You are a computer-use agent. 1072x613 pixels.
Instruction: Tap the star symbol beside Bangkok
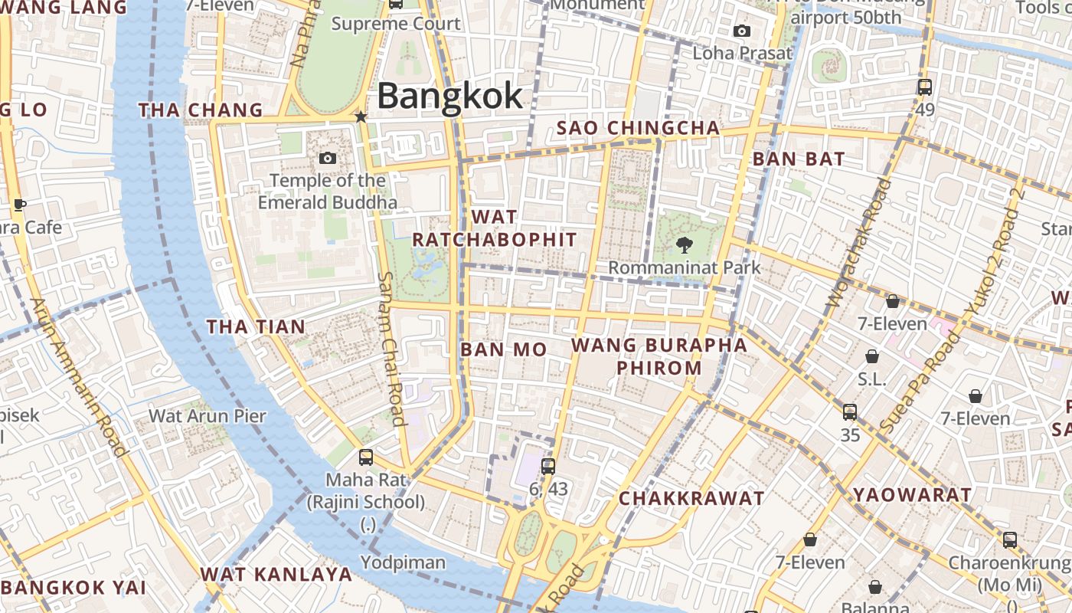point(361,116)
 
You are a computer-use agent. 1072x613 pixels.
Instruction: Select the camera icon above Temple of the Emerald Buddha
point(327,158)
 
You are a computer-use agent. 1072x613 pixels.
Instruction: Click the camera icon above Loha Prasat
point(741,31)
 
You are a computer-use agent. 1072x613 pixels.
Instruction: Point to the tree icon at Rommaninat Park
point(684,245)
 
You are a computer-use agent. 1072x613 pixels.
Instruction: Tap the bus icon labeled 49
point(924,87)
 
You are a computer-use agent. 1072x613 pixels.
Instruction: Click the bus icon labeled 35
point(849,412)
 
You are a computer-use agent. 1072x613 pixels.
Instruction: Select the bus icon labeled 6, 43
point(547,466)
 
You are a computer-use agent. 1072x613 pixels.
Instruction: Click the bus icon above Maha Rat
point(366,457)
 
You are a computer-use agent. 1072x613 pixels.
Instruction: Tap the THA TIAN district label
point(256,327)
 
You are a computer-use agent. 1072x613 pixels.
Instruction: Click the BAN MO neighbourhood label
point(503,350)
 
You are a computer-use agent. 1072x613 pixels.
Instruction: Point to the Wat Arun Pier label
point(207,416)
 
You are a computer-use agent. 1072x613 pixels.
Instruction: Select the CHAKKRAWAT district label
point(691,499)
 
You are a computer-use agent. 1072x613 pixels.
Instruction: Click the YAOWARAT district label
point(912,495)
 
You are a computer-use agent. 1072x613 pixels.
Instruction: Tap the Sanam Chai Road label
point(391,349)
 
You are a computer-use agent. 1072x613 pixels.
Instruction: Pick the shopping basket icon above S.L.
point(871,356)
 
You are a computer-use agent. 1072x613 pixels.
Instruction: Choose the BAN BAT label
point(798,159)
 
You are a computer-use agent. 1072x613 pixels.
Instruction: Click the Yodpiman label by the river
point(403,562)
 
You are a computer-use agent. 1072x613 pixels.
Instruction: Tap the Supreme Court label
point(396,24)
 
